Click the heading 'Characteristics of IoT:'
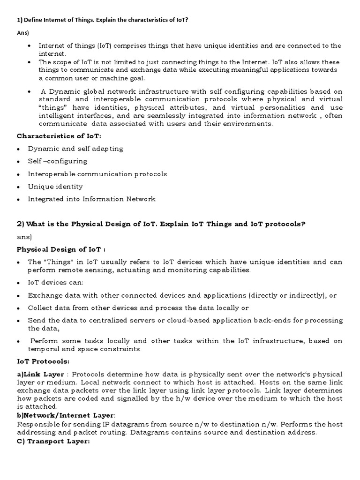pyautogui.click(x=59, y=136)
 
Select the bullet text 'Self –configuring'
pyautogui.click(x=58, y=161)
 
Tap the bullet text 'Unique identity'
pyautogui.click(x=55, y=187)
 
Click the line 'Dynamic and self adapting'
pyautogui.click(x=75, y=149)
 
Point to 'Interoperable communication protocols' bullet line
pyautogui.click(x=97, y=174)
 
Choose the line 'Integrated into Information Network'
pyautogui.click(x=91, y=199)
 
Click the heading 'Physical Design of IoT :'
pyautogui.click(x=61, y=249)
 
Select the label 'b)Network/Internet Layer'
pyautogui.click(x=65, y=415)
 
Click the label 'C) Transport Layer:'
pyautogui.click(x=53, y=442)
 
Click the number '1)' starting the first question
pyautogui.click(x=20, y=20)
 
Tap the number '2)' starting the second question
pyautogui.click(x=21, y=224)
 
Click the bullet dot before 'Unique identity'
pyautogui.click(x=18, y=187)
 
